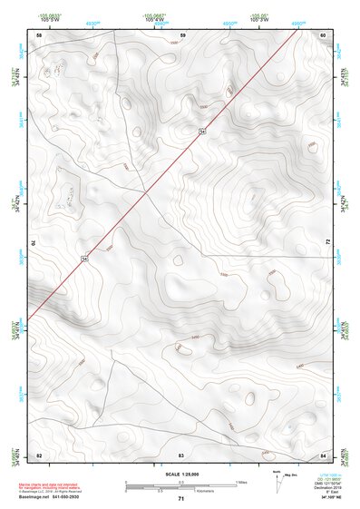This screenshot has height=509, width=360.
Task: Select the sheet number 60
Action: (323, 34)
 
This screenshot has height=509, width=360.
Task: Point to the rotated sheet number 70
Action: (37, 243)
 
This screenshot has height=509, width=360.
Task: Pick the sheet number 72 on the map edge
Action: (326, 242)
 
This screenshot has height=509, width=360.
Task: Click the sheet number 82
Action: (39, 454)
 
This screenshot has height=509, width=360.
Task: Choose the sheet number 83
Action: (181, 454)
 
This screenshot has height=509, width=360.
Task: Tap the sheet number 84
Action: (323, 454)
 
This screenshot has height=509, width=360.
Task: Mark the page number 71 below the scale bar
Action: (181, 500)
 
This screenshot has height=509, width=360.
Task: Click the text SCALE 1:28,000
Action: (180, 474)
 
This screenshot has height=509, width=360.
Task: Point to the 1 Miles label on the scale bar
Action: (241, 481)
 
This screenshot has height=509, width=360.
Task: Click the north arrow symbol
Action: (276, 480)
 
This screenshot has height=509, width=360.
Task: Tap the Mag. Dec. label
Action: (289, 478)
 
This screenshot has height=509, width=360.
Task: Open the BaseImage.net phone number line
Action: (56, 498)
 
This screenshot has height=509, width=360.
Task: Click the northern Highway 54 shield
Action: (203, 132)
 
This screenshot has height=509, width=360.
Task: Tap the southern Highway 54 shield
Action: (85, 259)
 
